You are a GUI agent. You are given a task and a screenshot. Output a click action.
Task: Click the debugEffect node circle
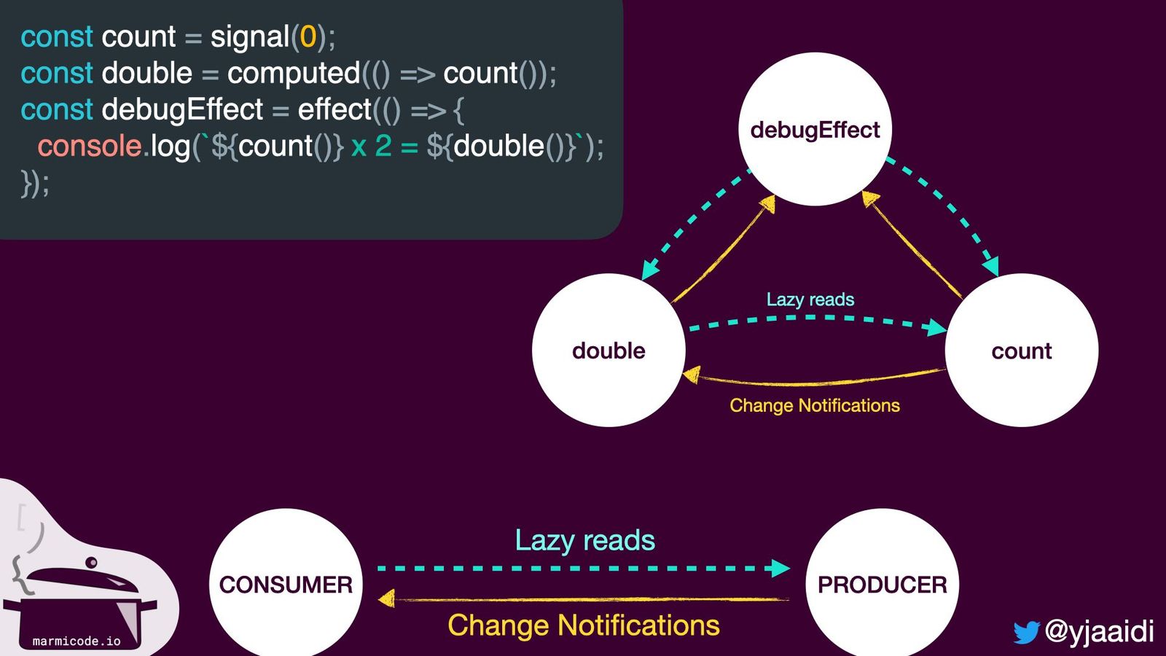(815, 129)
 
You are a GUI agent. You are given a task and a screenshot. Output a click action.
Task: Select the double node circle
(609, 350)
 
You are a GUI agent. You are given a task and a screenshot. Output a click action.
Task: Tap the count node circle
(1021, 350)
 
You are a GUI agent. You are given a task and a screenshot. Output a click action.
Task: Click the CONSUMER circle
(286, 584)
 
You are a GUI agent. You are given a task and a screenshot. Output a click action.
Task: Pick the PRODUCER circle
(882, 584)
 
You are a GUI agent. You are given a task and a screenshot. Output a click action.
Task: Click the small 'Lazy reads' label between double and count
(810, 299)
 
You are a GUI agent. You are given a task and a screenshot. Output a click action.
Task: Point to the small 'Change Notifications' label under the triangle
(814, 405)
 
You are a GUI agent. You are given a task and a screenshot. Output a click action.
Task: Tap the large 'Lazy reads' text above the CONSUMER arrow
(584, 540)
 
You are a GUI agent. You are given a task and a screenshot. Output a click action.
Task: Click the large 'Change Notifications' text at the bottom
(583, 625)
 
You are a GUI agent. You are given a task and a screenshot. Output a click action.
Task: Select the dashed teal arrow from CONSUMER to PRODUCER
(583, 568)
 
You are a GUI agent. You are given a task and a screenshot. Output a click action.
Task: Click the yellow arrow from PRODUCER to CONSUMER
(583, 599)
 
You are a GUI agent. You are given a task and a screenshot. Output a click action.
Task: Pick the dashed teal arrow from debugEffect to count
(947, 211)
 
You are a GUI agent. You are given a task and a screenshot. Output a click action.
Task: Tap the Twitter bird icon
(1025, 632)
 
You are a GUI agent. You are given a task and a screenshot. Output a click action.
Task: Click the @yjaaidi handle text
(1099, 630)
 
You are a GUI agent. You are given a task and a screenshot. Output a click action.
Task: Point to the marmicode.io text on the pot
(77, 641)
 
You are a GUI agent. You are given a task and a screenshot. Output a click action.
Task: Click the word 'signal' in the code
(250, 36)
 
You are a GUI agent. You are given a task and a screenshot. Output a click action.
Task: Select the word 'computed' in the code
(294, 73)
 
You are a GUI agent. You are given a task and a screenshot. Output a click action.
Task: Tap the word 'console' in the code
(89, 146)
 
